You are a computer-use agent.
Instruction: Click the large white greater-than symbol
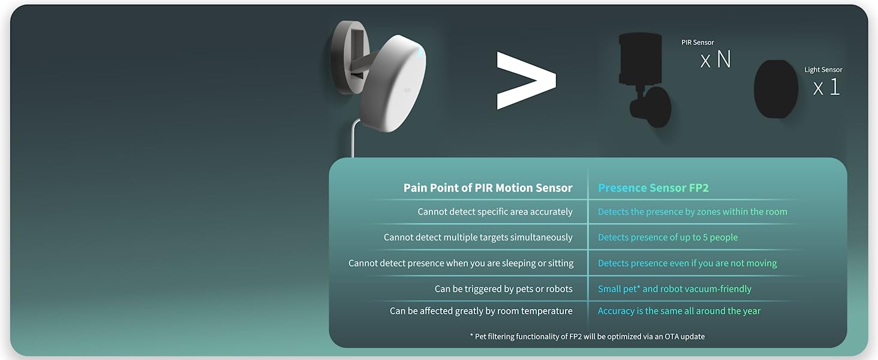coord(525,80)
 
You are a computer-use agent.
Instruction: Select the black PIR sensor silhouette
coord(642,78)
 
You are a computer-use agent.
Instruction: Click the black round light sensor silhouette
coord(775,89)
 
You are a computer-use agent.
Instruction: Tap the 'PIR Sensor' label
coord(697,43)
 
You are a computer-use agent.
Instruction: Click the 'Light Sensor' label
coord(823,70)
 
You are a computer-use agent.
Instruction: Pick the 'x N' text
coord(715,59)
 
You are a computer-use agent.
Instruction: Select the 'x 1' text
coord(826,88)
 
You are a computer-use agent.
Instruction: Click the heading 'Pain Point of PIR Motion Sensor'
coord(488,188)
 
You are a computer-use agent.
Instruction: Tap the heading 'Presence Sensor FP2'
coord(653,188)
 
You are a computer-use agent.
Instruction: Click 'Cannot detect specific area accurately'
coord(495,212)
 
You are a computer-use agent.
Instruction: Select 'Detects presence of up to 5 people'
coord(667,238)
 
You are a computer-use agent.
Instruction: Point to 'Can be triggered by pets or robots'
coord(503,289)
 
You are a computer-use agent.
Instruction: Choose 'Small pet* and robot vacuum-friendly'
coord(674,289)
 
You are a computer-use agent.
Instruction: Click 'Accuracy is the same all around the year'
coord(679,311)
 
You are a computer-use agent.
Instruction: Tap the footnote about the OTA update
coord(587,337)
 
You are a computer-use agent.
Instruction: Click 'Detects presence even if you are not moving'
coord(687,263)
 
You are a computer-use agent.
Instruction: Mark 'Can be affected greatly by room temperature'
coord(481,311)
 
